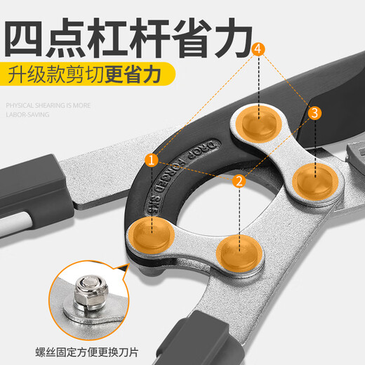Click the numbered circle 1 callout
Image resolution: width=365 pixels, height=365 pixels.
point(151,160)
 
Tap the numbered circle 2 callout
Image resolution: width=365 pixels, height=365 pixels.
point(239,180)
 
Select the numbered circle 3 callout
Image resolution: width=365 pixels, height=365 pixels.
point(314,112)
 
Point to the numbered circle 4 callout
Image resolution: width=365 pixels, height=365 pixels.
point(260,49)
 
